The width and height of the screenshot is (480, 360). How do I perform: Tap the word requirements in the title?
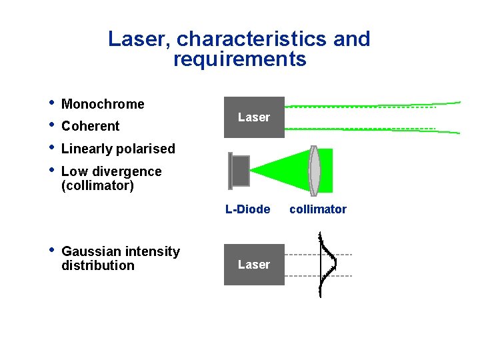click(239, 60)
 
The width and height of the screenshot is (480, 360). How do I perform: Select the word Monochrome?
click(103, 104)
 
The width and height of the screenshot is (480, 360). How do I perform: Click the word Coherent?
click(90, 126)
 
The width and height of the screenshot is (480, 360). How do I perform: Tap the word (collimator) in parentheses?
click(97, 185)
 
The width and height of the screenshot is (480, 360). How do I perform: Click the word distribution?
click(97, 265)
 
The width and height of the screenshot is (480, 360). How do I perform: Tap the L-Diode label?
click(247, 209)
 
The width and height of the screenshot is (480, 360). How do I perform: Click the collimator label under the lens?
click(318, 209)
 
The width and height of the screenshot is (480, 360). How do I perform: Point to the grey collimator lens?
click(315, 171)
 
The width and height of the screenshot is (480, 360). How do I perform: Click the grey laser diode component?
click(239, 171)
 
